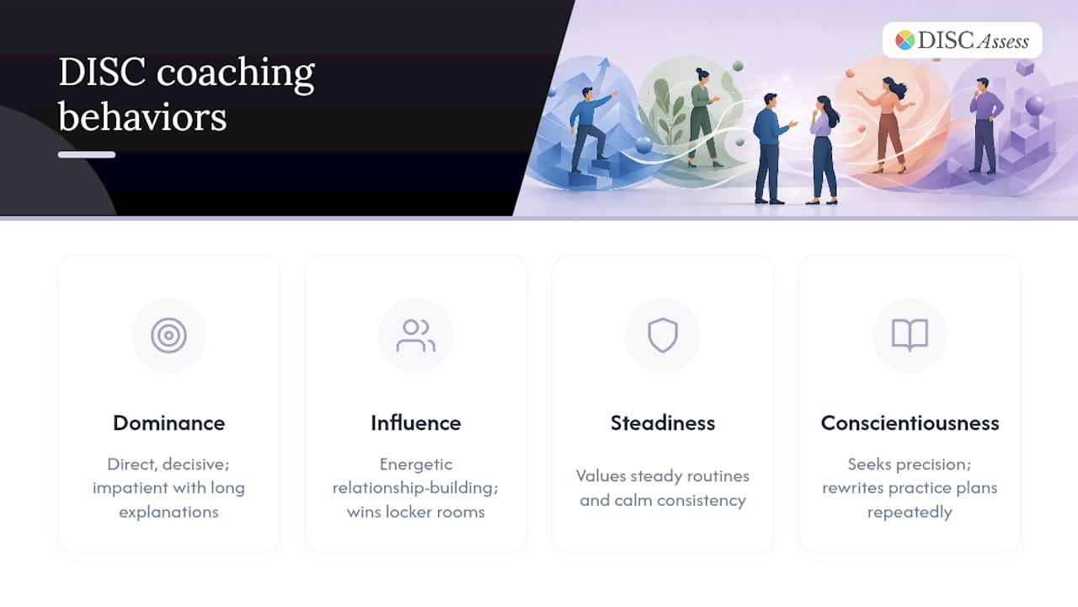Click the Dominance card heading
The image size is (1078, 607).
coord(168,423)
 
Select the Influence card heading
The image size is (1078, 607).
coord(416,423)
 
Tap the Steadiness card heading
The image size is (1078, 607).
coord(663,423)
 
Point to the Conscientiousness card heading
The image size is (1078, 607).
coord(910,423)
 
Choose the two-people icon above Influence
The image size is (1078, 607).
coord(416,336)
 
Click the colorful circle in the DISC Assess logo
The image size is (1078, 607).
coord(905,40)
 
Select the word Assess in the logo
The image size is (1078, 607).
coord(1003,42)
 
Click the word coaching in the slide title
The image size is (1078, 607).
coord(235,73)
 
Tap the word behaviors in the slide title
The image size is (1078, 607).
coord(142,117)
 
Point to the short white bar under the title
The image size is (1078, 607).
coord(87,154)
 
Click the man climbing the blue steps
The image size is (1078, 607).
coord(590,128)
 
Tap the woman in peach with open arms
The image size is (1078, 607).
coord(888,124)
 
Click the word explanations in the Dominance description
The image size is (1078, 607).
coord(168,512)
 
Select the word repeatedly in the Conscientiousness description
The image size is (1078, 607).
coord(910,512)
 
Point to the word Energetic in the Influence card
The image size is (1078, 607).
coord(416,465)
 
